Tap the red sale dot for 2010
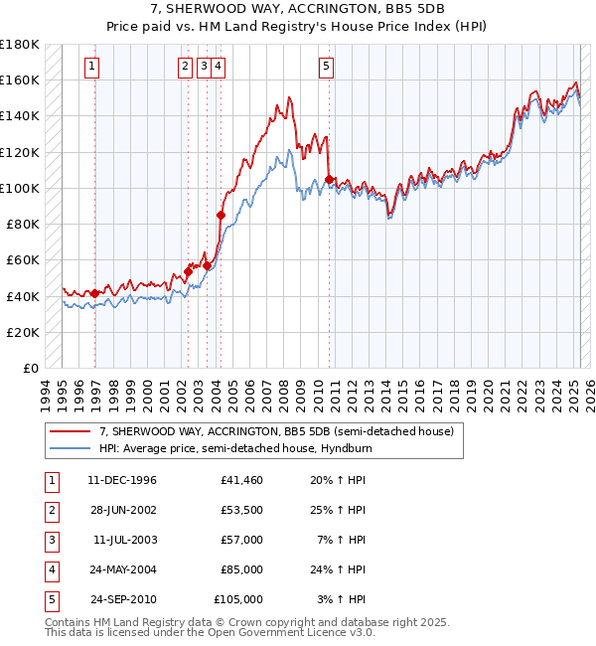tap(328, 179)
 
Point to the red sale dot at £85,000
tap(221, 215)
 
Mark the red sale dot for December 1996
tap(95, 293)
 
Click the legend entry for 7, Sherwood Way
tap(276, 431)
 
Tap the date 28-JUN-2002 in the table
tap(123, 511)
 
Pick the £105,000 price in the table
tap(238, 600)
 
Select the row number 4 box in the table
tap(51, 570)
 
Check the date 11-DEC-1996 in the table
tap(123, 481)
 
